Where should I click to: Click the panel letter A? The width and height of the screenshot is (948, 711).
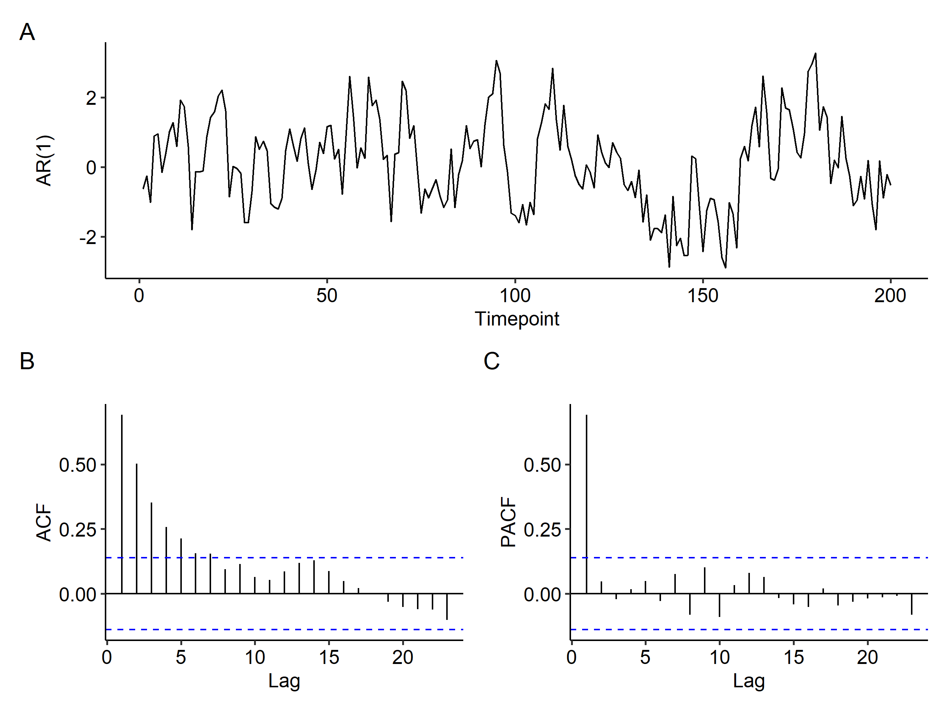[x=27, y=32]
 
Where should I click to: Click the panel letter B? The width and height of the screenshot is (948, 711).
[x=27, y=361]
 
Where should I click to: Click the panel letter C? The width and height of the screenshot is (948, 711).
[x=491, y=361]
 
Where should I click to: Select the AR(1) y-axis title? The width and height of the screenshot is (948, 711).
[x=44, y=161]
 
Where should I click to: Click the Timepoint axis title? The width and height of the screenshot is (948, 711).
[x=517, y=319]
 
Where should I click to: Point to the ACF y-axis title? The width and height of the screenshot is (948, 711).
[x=44, y=522]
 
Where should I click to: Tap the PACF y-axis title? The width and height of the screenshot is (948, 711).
[x=509, y=522]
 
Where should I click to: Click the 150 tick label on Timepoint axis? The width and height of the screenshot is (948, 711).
[x=702, y=296]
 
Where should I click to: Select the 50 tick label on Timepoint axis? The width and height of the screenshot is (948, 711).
[x=327, y=296]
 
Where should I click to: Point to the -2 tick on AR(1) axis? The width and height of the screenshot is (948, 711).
[x=88, y=237]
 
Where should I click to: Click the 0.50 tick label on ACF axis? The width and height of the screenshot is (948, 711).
[x=77, y=465]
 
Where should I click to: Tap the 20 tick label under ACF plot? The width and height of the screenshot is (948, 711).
[x=403, y=657]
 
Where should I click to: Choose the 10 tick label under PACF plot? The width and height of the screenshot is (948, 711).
[x=720, y=657]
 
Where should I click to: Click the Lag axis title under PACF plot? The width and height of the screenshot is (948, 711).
[x=749, y=681]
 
